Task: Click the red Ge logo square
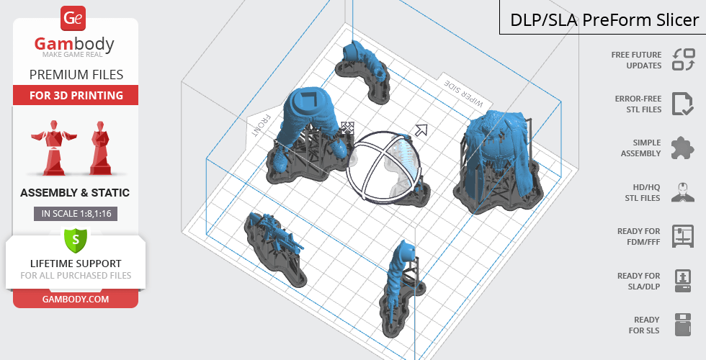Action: [x=75, y=19]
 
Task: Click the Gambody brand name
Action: [x=74, y=45]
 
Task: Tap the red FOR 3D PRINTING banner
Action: [x=75, y=96]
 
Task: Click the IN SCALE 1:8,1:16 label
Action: [x=75, y=213]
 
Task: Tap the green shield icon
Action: [x=75, y=238]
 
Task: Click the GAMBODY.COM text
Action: [x=75, y=298]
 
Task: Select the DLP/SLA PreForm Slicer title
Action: [x=604, y=20]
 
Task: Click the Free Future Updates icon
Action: [x=683, y=60]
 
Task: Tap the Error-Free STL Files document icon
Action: [x=682, y=104]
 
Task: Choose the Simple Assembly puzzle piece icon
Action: [x=682, y=148]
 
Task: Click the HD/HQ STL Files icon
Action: [x=682, y=192]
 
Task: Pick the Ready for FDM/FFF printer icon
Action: [x=682, y=235]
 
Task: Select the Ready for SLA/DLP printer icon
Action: [x=682, y=280]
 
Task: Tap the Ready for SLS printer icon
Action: [x=682, y=325]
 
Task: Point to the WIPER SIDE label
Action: [x=459, y=91]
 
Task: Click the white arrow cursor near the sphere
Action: [x=420, y=130]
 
